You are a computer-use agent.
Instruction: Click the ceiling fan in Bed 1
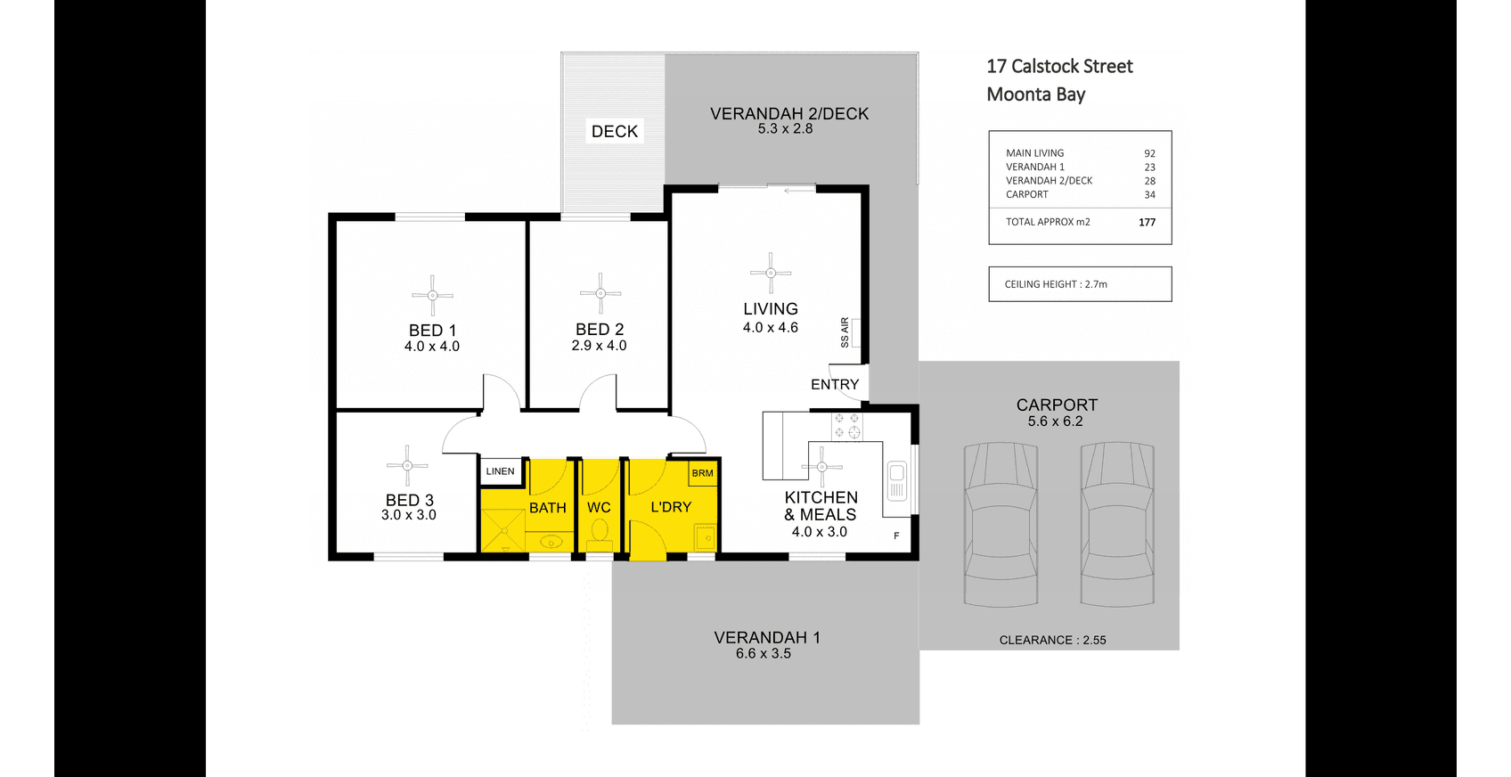[x=432, y=296]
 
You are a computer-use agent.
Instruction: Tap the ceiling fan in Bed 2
[x=600, y=293]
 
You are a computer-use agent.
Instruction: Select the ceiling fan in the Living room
[x=771, y=273]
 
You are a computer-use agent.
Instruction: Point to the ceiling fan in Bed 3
[x=407, y=465]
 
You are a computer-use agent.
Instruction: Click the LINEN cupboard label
[x=500, y=471]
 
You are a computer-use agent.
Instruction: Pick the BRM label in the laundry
[x=702, y=473]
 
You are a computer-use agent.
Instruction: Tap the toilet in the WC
[x=599, y=535]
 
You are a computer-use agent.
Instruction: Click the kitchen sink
[x=896, y=481]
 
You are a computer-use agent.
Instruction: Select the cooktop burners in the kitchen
[x=846, y=426]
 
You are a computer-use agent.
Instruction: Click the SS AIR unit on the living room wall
[x=856, y=332]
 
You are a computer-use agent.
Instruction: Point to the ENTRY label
[x=835, y=384]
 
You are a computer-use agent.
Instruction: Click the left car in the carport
[x=1001, y=524]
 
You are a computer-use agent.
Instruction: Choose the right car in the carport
[x=1117, y=524]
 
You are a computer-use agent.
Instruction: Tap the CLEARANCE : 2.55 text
[x=1052, y=640]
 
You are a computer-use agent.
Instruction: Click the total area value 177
[x=1147, y=222]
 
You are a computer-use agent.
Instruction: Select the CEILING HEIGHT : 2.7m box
[x=1080, y=284]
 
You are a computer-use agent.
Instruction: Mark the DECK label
[x=615, y=131]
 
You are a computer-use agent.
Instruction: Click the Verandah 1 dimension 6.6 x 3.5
[x=764, y=653]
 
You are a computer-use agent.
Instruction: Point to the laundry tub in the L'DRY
[x=705, y=537]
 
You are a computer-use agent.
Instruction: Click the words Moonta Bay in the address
[x=1035, y=94]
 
